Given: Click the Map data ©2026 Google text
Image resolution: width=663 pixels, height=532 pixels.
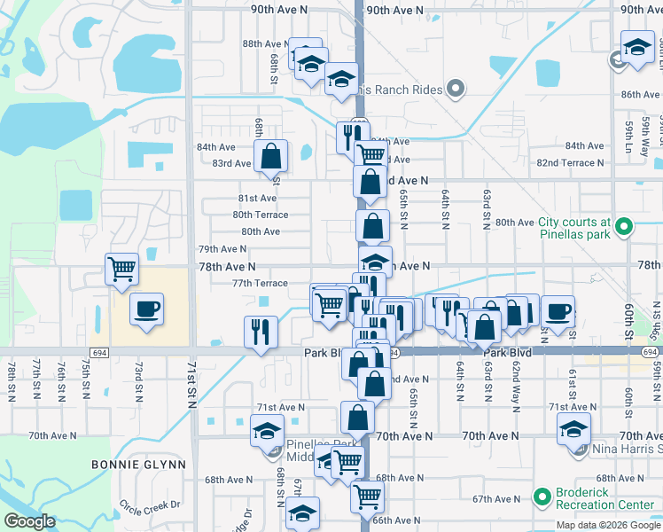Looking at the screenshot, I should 608,525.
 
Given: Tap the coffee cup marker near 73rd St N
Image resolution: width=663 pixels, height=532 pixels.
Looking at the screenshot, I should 145,309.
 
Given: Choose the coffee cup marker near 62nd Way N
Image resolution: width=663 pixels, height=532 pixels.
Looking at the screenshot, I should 558,312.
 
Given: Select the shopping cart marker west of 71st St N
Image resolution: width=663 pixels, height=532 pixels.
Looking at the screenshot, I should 121,268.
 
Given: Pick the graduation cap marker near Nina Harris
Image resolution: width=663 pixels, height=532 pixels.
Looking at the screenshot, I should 573,431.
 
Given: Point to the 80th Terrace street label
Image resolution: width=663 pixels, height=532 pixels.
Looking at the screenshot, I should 260,215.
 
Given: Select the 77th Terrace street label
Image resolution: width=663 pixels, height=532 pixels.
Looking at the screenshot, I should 260,283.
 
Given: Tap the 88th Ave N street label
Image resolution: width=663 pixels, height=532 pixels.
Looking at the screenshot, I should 264,43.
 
